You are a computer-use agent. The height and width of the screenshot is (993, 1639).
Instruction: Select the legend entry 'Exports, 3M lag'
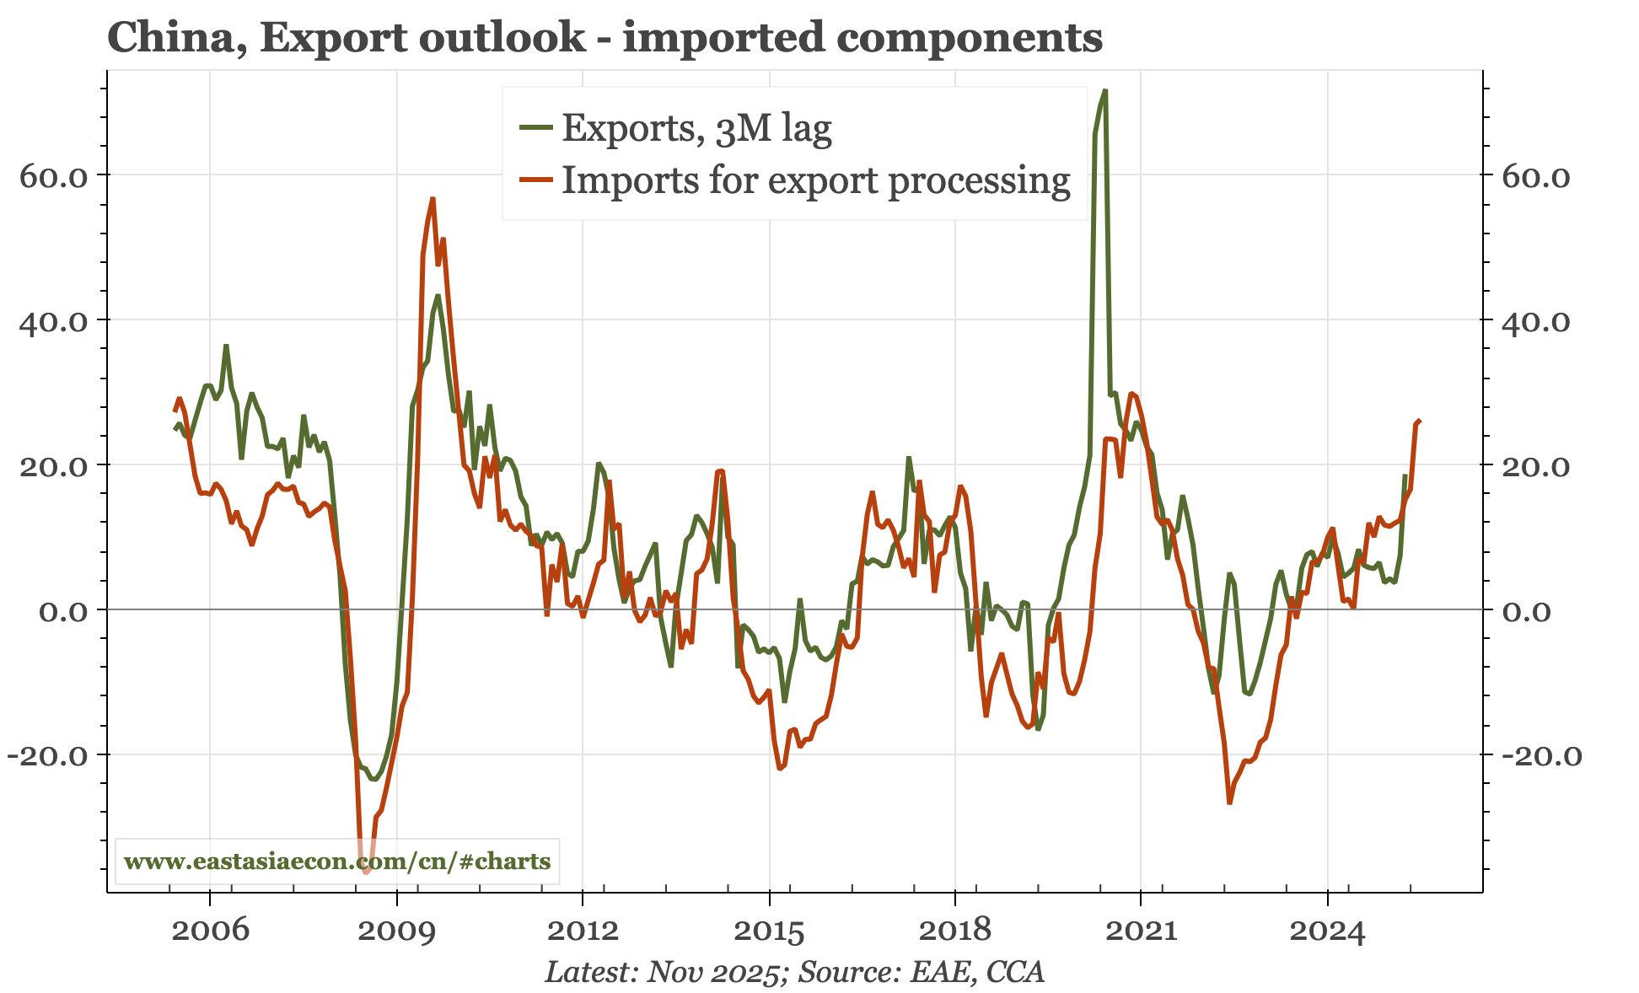pyautogui.click(x=696, y=128)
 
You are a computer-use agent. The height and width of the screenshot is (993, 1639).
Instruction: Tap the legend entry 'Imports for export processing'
pyautogui.click(x=815, y=180)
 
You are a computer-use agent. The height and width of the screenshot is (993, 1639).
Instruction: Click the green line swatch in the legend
pyautogui.click(x=536, y=128)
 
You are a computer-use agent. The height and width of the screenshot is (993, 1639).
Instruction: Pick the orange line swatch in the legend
pyautogui.click(x=536, y=180)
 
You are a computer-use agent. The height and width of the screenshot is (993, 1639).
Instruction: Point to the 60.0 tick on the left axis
pyautogui.click(x=54, y=176)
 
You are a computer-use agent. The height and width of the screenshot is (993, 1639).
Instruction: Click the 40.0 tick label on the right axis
pyautogui.click(x=1536, y=321)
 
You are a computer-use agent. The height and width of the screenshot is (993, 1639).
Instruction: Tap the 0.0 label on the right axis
pyautogui.click(x=1527, y=611)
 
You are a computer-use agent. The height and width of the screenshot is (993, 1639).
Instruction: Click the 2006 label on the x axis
pyautogui.click(x=210, y=931)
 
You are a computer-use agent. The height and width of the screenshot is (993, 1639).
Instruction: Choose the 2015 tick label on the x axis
pyautogui.click(x=769, y=931)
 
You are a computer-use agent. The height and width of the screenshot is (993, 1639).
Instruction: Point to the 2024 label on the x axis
pyautogui.click(x=1327, y=931)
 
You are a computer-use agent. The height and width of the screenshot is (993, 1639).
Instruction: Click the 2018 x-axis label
pyautogui.click(x=954, y=931)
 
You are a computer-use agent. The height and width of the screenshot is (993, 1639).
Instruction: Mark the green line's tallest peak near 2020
pyautogui.click(x=1104, y=90)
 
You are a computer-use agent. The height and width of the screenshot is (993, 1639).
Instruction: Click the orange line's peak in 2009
pyautogui.click(x=433, y=199)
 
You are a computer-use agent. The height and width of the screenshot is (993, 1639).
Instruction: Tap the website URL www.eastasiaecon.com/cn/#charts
pyautogui.click(x=337, y=861)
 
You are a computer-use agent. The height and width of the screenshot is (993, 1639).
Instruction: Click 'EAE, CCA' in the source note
pyautogui.click(x=977, y=972)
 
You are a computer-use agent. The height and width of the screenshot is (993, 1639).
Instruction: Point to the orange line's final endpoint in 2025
pyautogui.click(x=1420, y=420)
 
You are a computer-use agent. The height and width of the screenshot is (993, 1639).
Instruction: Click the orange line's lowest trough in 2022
pyautogui.click(x=1229, y=802)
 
